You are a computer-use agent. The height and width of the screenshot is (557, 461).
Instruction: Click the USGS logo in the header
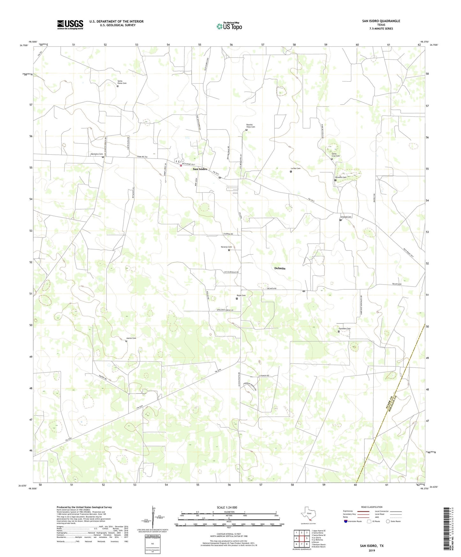point(70,25)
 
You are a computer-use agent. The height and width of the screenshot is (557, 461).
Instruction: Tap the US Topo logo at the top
point(229,26)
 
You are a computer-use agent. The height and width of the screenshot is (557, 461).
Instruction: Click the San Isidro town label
point(200,169)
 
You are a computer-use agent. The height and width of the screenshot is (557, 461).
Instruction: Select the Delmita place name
point(280,268)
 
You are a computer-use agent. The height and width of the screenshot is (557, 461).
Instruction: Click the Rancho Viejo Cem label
point(250,126)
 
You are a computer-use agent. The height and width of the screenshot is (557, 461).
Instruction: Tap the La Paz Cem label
point(295,168)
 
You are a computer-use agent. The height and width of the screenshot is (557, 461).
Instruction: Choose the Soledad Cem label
point(346,217)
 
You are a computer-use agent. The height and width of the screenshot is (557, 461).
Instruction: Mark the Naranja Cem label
point(226,247)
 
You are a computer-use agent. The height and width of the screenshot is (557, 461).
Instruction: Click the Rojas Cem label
point(241,295)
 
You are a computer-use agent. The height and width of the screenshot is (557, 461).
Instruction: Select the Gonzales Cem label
point(345,329)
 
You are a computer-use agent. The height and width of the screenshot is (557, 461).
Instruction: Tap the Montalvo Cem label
point(97,154)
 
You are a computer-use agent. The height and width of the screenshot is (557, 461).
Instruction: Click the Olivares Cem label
point(340,177)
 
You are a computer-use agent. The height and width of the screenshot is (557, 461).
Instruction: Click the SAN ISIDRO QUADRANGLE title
point(381,21)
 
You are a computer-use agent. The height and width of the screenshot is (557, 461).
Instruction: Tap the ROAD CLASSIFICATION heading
point(372,507)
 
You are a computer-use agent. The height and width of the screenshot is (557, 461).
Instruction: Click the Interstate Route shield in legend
point(346,521)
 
